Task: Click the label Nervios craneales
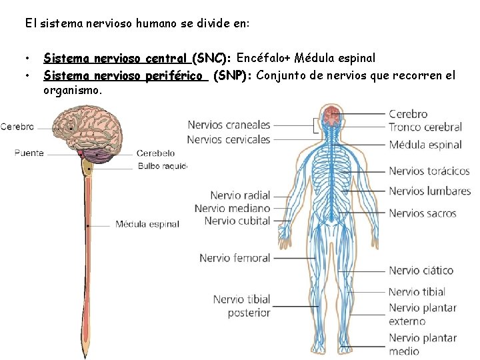pos(229,125)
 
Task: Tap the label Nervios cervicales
pos(229,139)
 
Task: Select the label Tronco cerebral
pos(425,127)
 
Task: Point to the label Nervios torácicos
pos(429,171)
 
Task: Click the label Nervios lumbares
pos(429,191)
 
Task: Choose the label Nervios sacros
pos(422,213)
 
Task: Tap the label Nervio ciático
pos(421,270)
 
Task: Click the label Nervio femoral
pos(235,257)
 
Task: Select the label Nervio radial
pos(240,195)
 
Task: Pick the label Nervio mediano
pos(233,208)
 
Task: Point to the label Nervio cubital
pos(237,221)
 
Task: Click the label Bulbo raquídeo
pos(162,166)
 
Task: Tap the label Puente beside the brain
pos(29,153)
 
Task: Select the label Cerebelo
pos(155,153)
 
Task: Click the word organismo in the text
pos(73,90)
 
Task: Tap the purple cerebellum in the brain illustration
pos(100,156)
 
